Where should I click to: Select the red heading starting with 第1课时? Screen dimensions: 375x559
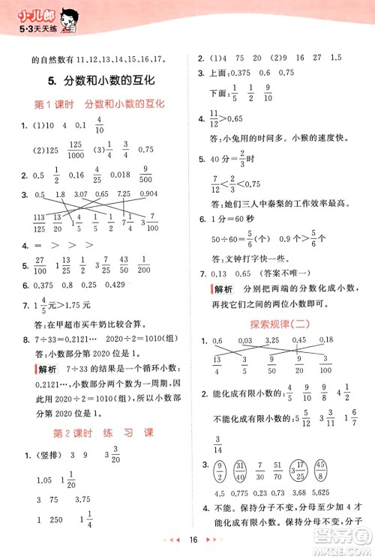pos(100,104)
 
